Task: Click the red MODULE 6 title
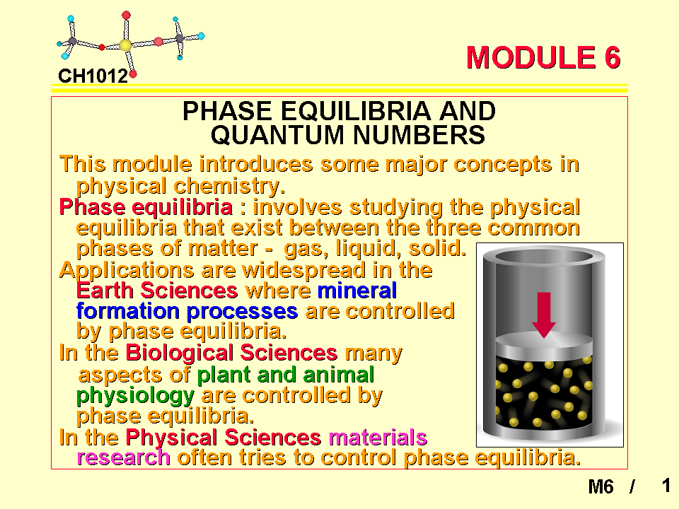pyautogui.click(x=543, y=57)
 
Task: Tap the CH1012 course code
pyautogui.click(x=93, y=76)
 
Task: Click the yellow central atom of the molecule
pyautogui.click(x=125, y=45)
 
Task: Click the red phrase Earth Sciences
pyautogui.click(x=157, y=291)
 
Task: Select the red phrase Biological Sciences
pyautogui.click(x=231, y=352)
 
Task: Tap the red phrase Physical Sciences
pyautogui.click(x=224, y=437)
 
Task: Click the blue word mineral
pyautogui.click(x=357, y=291)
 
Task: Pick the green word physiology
pyautogui.click(x=135, y=396)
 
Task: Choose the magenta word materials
pyautogui.click(x=378, y=437)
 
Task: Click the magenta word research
pyautogui.click(x=123, y=458)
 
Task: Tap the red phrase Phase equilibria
pyautogui.click(x=146, y=207)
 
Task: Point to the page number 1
pyautogui.click(x=666, y=486)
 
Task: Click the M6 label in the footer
pyautogui.click(x=600, y=486)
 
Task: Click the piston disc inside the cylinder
pyautogui.click(x=544, y=344)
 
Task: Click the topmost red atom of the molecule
pyautogui.click(x=126, y=16)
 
